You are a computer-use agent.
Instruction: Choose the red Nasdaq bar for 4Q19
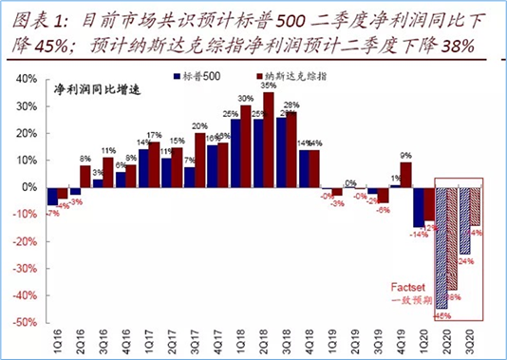coord(405,175)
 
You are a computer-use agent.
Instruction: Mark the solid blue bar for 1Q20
coord(418,206)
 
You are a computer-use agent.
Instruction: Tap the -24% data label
coord(465,259)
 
